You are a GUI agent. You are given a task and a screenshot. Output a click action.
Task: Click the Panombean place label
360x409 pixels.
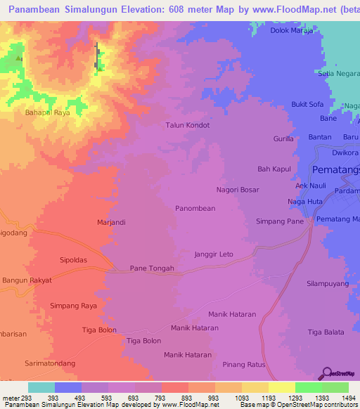195,209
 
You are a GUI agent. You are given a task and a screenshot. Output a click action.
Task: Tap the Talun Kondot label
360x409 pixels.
187,125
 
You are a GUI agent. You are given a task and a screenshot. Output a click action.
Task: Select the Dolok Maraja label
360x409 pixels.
292,31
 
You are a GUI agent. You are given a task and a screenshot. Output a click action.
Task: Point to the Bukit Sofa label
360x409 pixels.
307,105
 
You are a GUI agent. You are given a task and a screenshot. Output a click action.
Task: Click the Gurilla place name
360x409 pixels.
283,139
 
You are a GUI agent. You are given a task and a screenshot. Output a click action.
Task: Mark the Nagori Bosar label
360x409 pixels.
238,190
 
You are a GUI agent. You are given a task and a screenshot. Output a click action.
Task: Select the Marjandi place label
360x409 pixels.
111,222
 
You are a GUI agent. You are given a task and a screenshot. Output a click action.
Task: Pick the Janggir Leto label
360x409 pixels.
213,254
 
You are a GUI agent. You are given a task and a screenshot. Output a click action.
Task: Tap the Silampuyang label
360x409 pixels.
328,283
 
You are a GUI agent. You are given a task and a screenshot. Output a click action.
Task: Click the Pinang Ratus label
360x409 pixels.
242,364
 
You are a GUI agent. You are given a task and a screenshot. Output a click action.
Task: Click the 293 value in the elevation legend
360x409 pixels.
27,398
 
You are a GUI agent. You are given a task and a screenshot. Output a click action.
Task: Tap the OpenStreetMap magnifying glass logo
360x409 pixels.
326,372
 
